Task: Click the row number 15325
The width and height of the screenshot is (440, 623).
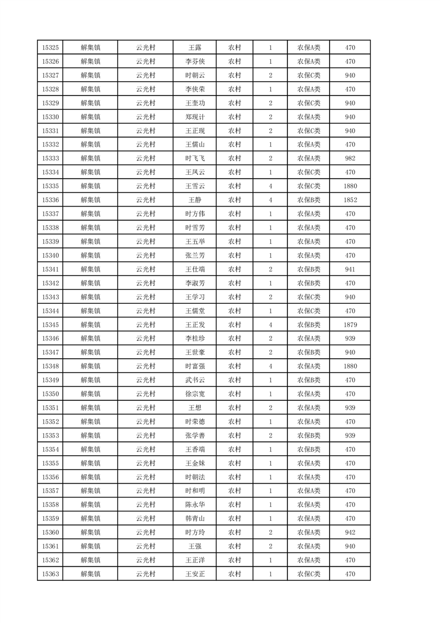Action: (50, 48)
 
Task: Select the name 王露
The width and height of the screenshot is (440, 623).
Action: (195, 48)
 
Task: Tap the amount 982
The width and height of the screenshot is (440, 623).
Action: (350, 159)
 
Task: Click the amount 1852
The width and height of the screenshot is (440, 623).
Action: (350, 200)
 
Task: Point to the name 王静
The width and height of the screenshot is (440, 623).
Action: (195, 200)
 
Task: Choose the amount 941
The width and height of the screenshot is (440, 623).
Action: (350, 269)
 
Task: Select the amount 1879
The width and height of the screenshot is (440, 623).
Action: (350, 325)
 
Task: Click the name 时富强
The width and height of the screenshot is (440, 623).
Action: (195, 366)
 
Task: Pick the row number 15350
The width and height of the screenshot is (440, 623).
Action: (50, 394)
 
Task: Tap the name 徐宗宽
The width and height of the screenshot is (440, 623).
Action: (195, 394)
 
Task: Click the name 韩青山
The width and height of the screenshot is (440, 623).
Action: (195, 519)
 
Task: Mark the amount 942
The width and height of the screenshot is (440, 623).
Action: (350, 532)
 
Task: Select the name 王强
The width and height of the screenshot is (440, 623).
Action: (195, 546)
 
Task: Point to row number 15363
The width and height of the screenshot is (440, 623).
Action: (50, 574)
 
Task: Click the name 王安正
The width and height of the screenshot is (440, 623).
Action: (195, 574)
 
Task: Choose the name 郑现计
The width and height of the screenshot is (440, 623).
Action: (195, 117)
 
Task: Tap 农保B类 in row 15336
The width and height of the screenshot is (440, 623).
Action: (308, 200)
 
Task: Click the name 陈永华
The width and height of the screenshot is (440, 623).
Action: (195, 505)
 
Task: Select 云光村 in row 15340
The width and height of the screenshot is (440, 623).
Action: (145, 255)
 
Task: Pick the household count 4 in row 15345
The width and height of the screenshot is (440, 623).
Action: (270, 325)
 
